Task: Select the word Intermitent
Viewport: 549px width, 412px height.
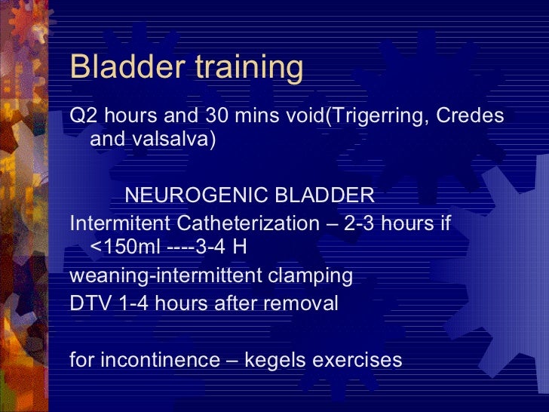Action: click(x=120, y=224)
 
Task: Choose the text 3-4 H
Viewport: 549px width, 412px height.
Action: click(x=225, y=247)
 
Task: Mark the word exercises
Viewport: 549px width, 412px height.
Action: click(x=359, y=360)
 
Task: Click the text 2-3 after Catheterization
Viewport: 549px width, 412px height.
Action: click(x=365, y=224)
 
